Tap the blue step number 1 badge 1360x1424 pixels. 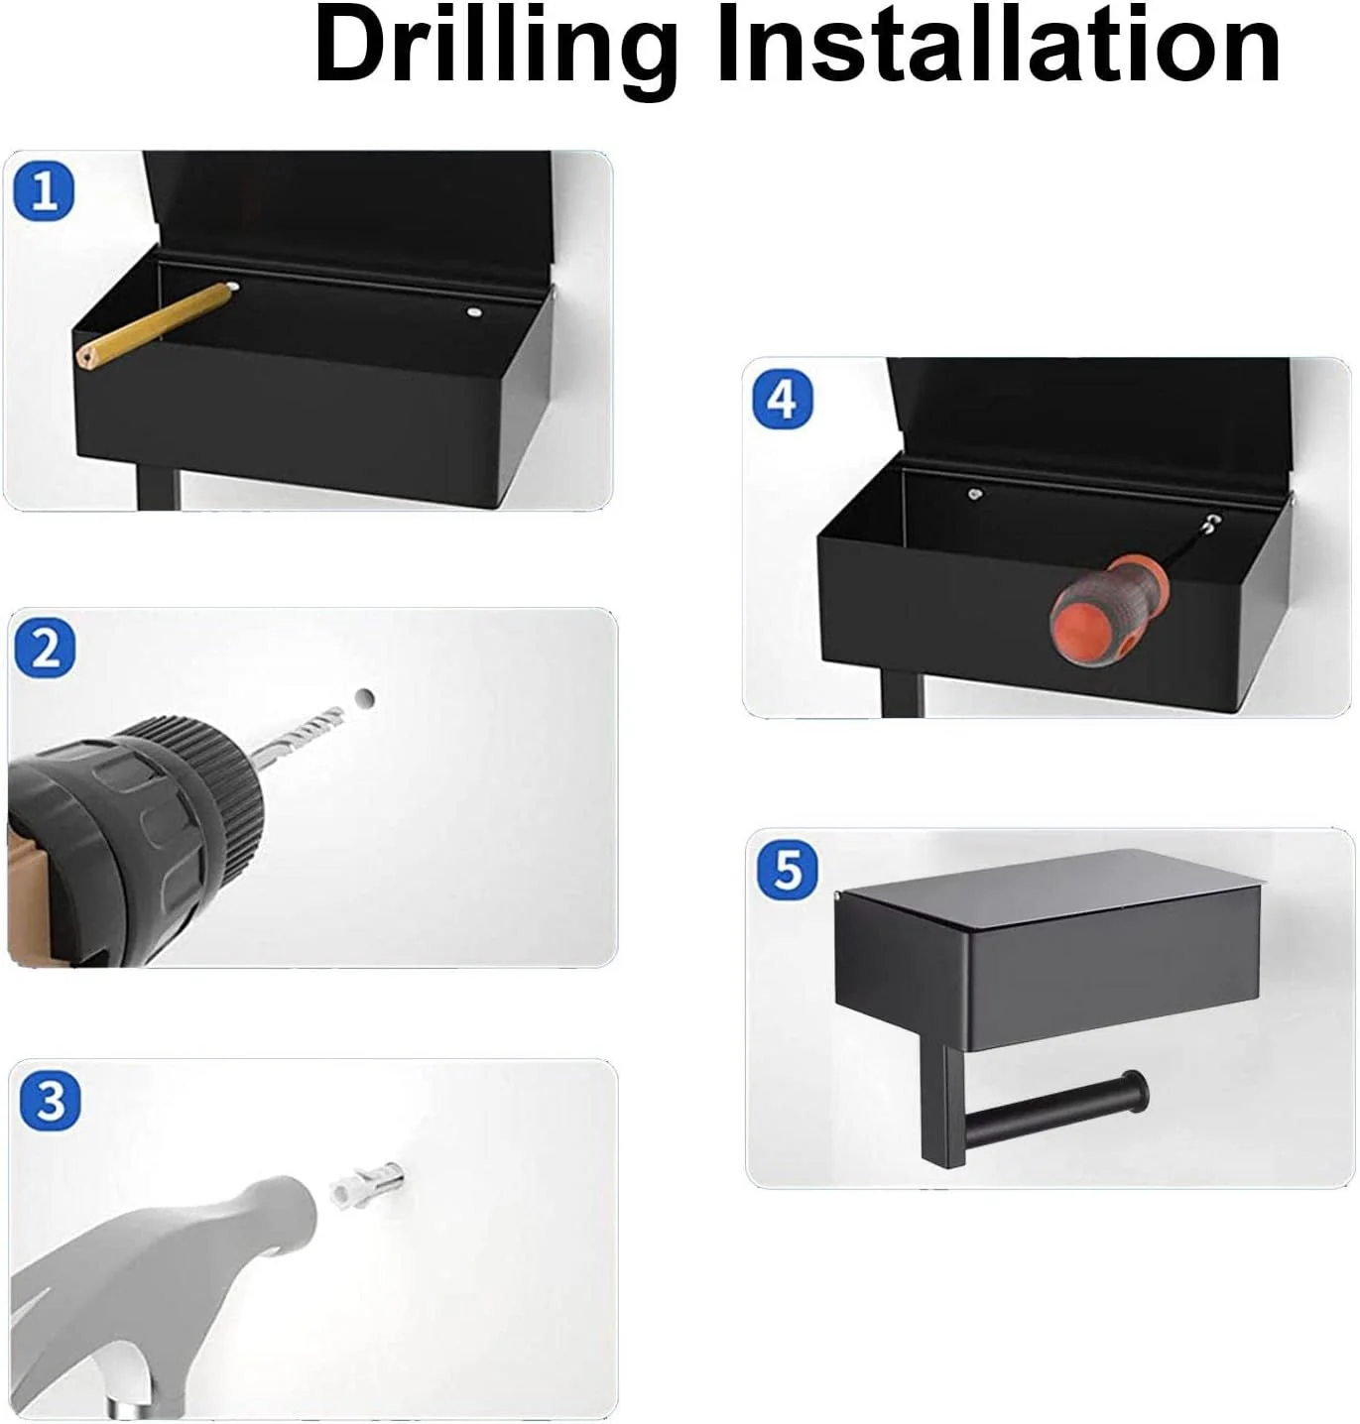coord(44,191)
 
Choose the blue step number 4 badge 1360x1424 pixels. coord(783,400)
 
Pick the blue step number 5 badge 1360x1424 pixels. coord(788,871)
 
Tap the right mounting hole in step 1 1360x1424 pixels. coord(474,312)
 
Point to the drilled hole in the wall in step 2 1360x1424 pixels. coord(364,699)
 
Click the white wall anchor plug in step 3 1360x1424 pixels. coord(366,1184)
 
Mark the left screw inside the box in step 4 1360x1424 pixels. coord(974,495)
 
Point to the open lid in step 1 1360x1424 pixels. coord(347,212)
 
